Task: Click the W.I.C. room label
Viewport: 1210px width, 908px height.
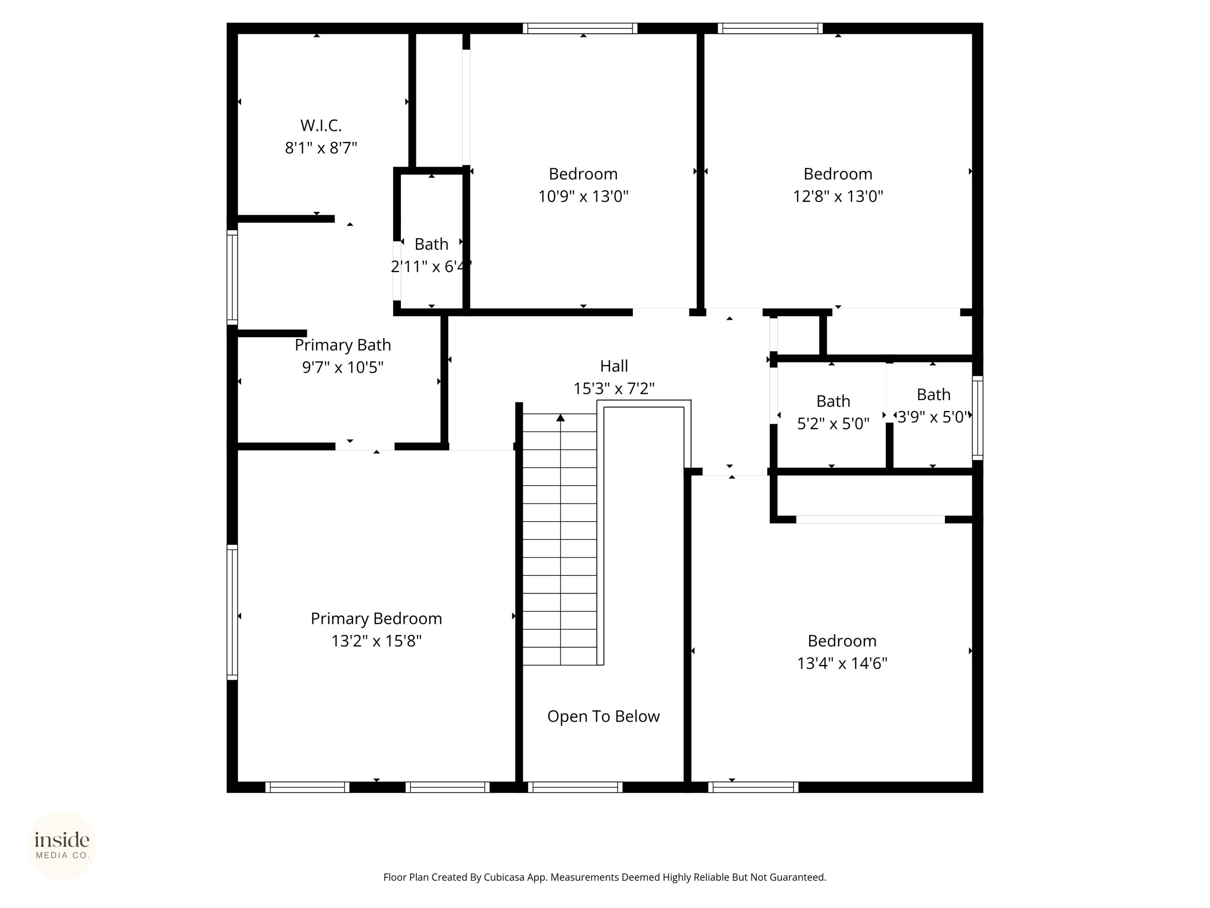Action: (x=321, y=125)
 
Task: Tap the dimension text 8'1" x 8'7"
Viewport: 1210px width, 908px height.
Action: (x=321, y=148)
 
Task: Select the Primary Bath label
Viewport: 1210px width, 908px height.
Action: (x=343, y=345)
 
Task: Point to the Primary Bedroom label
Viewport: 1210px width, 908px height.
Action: (x=376, y=619)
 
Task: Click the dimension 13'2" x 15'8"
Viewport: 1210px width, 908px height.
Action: (x=376, y=641)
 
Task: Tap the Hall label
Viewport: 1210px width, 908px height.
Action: (x=614, y=366)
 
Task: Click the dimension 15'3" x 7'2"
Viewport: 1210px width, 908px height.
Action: (x=614, y=388)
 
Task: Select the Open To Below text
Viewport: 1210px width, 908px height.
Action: (x=604, y=716)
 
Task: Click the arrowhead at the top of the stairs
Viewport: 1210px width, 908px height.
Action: (x=560, y=418)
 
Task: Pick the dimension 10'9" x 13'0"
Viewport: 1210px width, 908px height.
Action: (x=583, y=196)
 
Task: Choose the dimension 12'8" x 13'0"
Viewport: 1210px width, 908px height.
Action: (x=838, y=196)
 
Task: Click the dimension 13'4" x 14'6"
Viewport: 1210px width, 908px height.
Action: (x=842, y=663)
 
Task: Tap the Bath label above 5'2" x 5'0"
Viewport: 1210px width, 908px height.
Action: (x=833, y=401)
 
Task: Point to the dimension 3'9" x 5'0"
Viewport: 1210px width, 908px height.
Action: (x=934, y=417)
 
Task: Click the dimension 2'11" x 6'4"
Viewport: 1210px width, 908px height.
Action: (x=431, y=267)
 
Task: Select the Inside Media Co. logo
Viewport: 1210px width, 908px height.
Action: (x=62, y=846)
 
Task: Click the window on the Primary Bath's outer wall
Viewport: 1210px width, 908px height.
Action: (x=233, y=278)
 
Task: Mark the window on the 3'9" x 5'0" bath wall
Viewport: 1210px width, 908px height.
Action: (x=977, y=418)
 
